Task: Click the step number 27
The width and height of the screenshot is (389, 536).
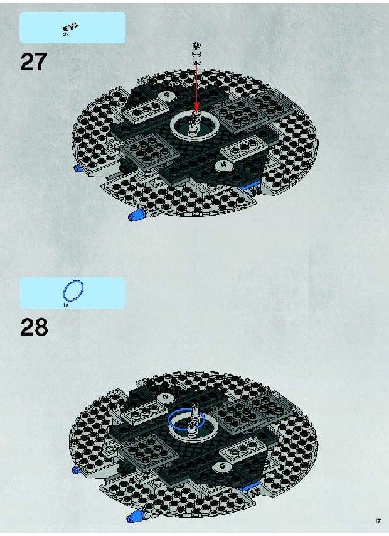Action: [x=33, y=62]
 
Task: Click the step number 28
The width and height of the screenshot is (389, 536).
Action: [x=34, y=327]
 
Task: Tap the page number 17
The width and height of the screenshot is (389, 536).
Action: [x=378, y=522]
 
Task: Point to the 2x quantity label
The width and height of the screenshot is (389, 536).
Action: [x=65, y=35]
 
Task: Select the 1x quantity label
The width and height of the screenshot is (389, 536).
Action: [x=65, y=305]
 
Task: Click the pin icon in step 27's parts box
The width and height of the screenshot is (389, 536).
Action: [x=71, y=26]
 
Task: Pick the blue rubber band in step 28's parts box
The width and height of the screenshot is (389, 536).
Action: [x=73, y=290]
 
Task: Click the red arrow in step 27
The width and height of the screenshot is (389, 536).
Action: [x=196, y=88]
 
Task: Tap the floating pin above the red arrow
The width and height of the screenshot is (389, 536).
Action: [x=196, y=53]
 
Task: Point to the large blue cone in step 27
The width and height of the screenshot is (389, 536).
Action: [x=136, y=216]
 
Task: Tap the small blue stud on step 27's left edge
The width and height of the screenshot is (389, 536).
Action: [x=77, y=168]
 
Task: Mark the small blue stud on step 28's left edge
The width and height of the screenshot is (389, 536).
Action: [x=76, y=470]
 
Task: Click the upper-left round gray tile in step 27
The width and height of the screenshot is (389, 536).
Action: [x=166, y=96]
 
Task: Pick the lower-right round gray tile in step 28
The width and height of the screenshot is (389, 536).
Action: [x=222, y=467]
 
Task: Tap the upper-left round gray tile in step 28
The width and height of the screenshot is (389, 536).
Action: [x=166, y=398]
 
